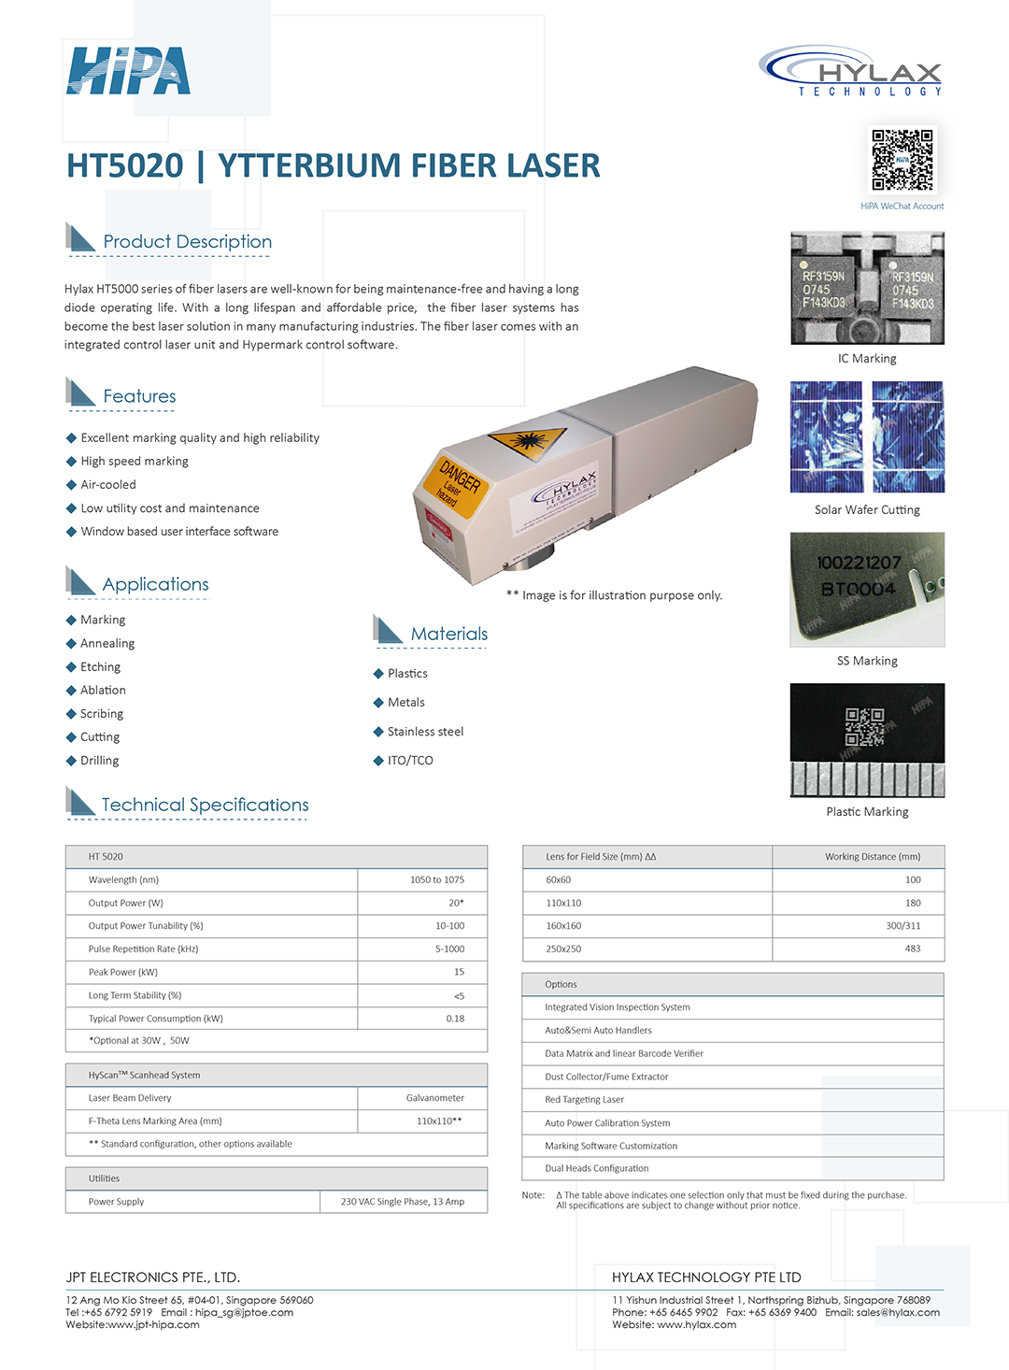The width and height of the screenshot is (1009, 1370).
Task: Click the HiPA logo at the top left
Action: point(129,71)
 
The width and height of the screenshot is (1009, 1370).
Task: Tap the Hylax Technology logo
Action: point(851,71)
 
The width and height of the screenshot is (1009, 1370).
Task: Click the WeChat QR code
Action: point(902,160)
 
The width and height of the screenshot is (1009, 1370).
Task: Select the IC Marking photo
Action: point(867,289)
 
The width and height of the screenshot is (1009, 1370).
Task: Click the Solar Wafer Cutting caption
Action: point(867,510)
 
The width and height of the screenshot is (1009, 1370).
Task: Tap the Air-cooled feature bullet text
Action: point(108,485)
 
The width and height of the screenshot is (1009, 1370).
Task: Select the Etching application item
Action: point(100,667)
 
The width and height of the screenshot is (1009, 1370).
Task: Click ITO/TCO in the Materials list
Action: point(410,761)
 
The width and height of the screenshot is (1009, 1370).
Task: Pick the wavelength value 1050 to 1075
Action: point(436,880)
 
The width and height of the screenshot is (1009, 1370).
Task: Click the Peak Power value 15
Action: point(459,972)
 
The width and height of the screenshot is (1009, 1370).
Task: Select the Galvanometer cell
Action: point(434,1098)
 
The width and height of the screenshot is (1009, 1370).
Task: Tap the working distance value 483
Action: point(913,949)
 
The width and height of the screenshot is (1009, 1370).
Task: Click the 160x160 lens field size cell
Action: point(563,926)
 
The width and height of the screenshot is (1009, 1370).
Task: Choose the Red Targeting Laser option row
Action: point(585,1100)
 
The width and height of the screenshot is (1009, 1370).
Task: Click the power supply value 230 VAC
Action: point(402,1202)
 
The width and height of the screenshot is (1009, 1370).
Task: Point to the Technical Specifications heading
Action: point(205,806)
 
